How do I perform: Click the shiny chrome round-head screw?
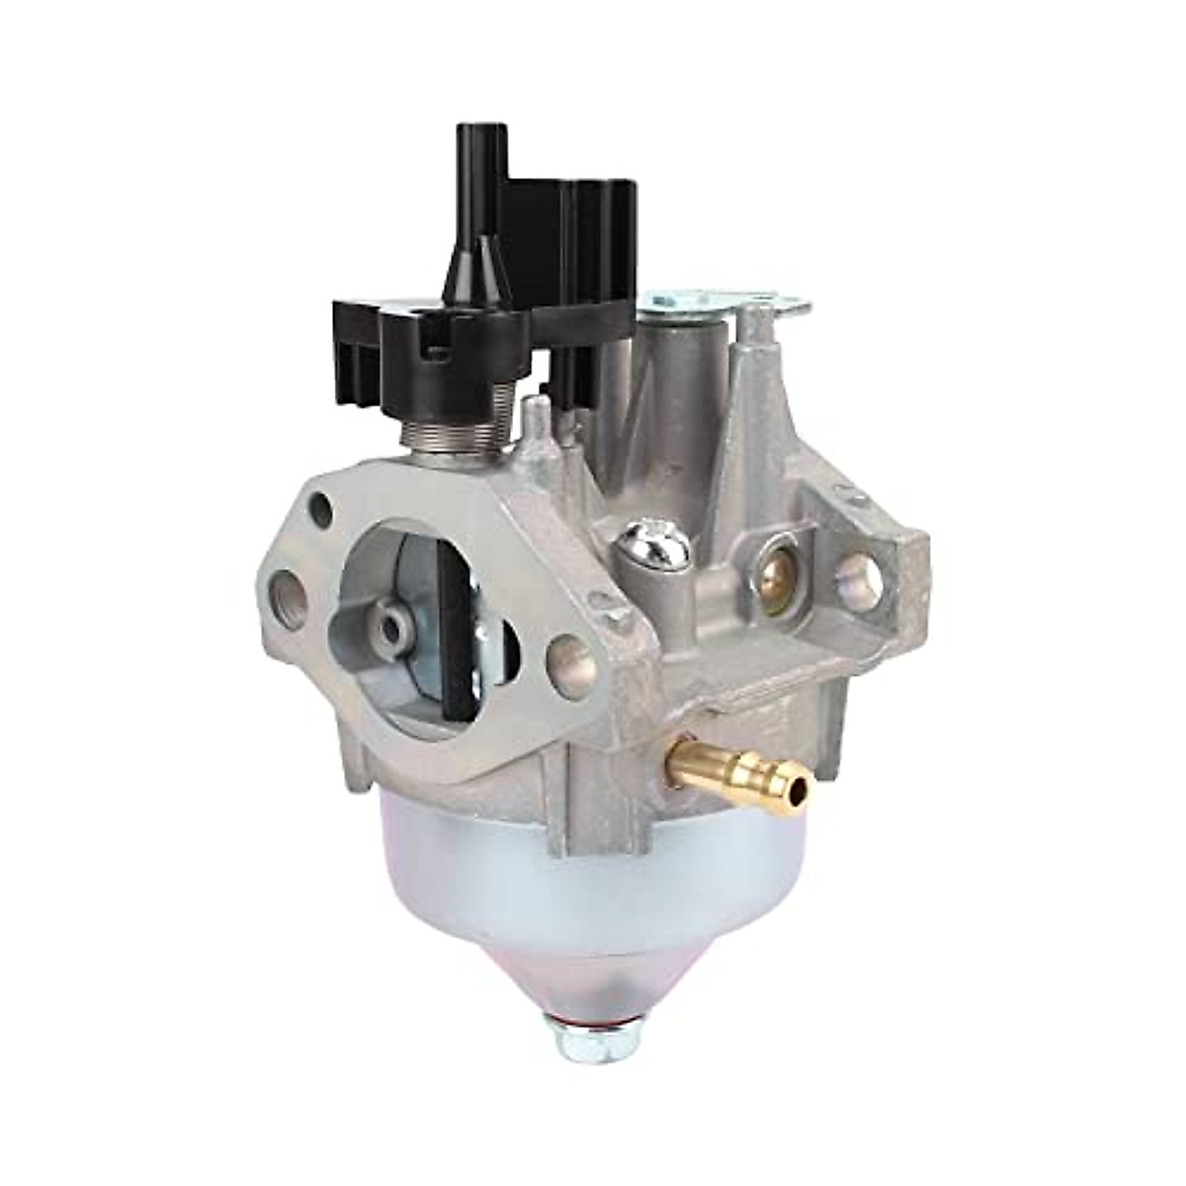pyautogui.click(x=645, y=544)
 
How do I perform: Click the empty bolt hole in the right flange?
pyautogui.click(x=857, y=576)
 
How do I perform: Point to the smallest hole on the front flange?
pyautogui.click(x=320, y=510)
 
